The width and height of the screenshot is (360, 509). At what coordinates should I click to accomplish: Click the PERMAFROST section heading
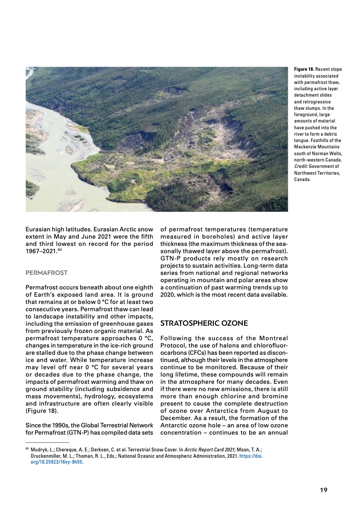(x=46, y=273)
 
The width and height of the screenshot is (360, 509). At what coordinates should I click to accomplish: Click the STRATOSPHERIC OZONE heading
(x=204, y=323)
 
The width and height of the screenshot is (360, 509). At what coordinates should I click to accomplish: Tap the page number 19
(x=324, y=490)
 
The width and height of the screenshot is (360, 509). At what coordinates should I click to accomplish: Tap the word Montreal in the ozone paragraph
(x=275, y=338)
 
